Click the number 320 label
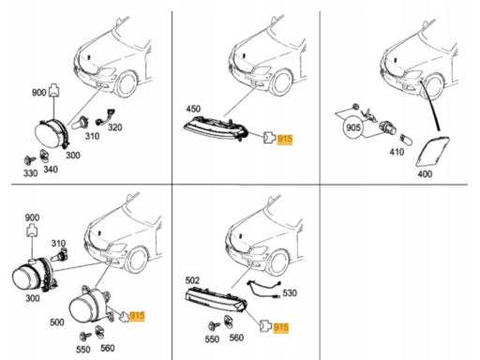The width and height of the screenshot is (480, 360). pyautogui.click(x=115, y=127)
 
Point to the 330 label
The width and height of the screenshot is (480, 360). pyautogui.click(x=30, y=172)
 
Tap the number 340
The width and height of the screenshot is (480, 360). pyautogui.click(x=51, y=170)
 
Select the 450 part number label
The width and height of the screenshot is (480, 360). pyautogui.click(x=193, y=109)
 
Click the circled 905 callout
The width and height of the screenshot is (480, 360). pyautogui.click(x=353, y=127)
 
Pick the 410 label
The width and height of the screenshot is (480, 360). pyautogui.click(x=397, y=152)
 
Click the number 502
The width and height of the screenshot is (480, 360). pyautogui.click(x=192, y=280)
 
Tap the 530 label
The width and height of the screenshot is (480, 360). pyautogui.click(x=290, y=292)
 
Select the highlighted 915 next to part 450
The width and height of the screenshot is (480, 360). pyautogui.click(x=285, y=139)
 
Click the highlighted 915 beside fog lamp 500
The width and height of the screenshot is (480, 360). pyautogui.click(x=137, y=316)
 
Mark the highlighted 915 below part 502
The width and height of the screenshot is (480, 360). pyautogui.click(x=280, y=327)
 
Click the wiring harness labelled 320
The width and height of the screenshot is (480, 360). pyautogui.click(x=105, y=117)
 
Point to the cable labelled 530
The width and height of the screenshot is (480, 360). pyautogui.click(x=264, y=289)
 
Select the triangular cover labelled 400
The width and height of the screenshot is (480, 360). pyautogui.click(x=433, y=151)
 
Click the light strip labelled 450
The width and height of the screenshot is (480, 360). pyautogui.click(x=216, y=128)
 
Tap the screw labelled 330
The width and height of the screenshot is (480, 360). pyautogui.click(x=30, y=160)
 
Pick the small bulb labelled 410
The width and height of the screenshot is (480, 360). pyautogui.click(x=406, y=139)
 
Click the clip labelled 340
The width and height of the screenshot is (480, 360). pyautogui.click(x=44, y=156)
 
